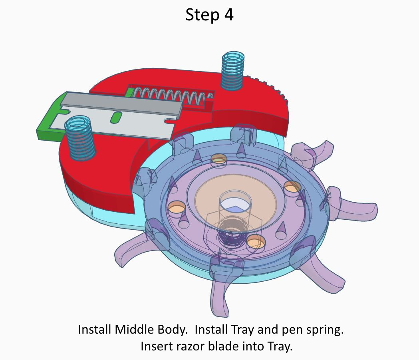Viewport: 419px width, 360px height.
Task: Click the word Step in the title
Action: [202, 15]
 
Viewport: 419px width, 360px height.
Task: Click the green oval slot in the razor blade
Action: [116, 117]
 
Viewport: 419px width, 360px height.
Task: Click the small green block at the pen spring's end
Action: [129, 93]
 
